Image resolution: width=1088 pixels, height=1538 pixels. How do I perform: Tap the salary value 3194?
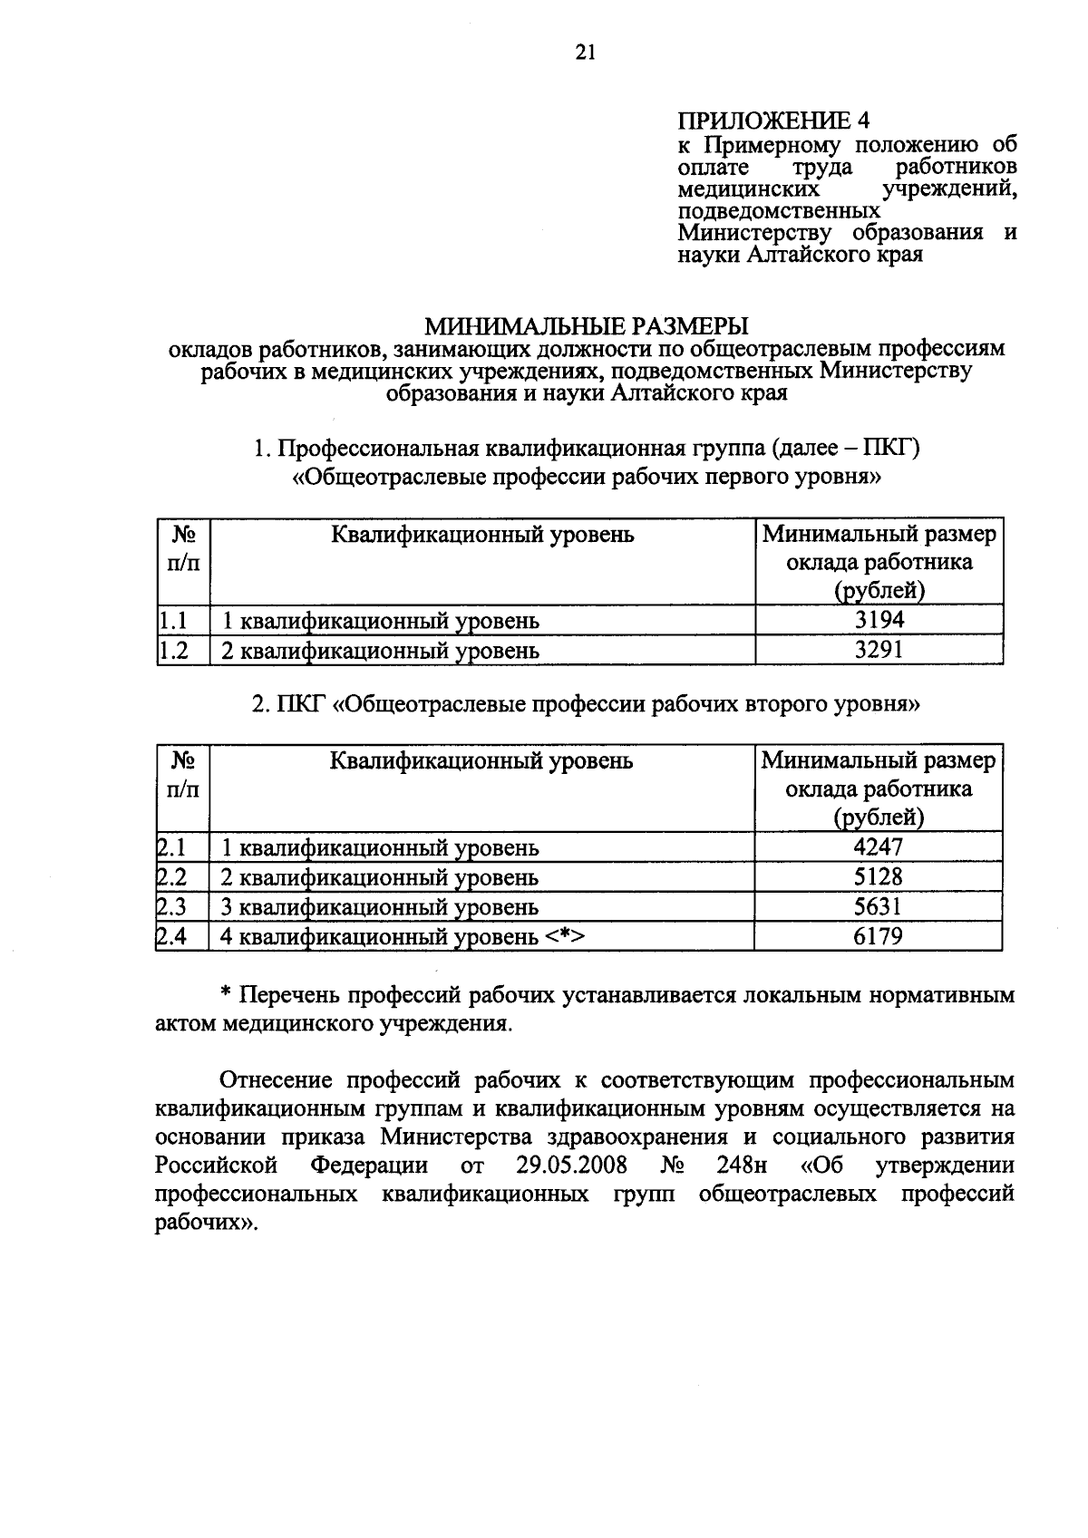[x=879, y=620]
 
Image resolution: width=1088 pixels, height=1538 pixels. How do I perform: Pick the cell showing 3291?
[x=879, y=650]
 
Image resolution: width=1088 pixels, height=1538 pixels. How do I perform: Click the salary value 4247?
[x=879, y=846]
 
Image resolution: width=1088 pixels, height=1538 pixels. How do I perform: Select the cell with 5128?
[x=879, y=876]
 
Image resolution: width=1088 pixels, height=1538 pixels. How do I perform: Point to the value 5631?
[x=879, y=906]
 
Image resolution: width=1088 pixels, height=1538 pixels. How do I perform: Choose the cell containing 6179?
[x=879, y=936]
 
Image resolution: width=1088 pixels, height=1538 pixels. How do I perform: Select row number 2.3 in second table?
[x=171, y=906]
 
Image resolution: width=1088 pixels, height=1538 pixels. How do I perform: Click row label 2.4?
[x=171, y=936]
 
